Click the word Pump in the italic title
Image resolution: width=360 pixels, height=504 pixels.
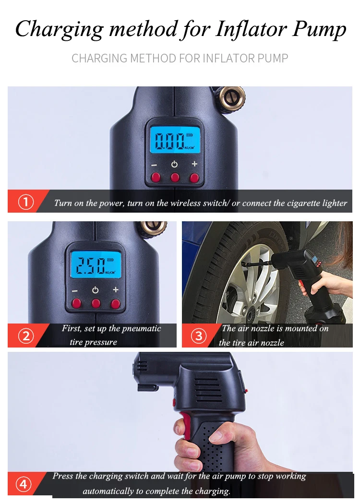tap(319, 29)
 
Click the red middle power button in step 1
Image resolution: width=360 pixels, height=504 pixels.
tap(175, 177)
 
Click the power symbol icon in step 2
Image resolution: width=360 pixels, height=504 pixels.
tap(95, 290)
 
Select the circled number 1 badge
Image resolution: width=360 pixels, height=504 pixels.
tap(26, 202)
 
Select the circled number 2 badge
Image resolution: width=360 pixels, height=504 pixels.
tap(26, 336)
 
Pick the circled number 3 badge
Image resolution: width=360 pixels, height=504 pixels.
tap(199, 336)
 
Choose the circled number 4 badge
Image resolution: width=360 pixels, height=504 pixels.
tap(24, 484)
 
